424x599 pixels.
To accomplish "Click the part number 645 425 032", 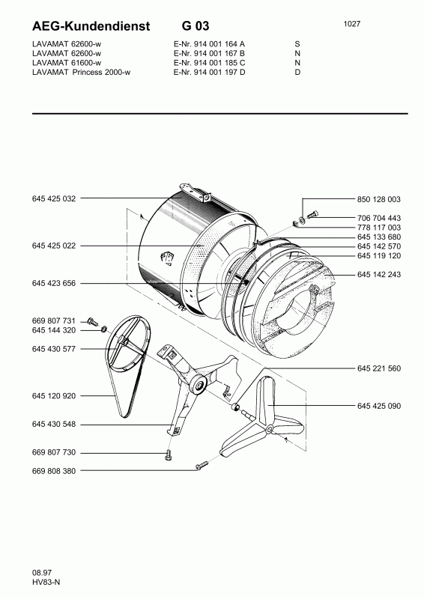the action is coord(54,198).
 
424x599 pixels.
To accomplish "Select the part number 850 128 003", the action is coord(379,199).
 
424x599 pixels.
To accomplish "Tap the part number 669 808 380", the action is coord(54,471).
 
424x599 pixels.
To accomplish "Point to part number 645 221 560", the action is coord(379,368).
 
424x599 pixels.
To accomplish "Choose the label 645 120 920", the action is coord(54,396).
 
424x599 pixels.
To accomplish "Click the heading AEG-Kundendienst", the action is coord(91,26).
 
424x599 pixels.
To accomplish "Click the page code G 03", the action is coord(196,26).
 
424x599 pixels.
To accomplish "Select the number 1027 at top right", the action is coord(352,24).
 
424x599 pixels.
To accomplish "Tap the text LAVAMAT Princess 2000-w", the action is coord(81,72).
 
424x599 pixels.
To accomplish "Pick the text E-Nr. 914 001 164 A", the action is coord(209,44).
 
